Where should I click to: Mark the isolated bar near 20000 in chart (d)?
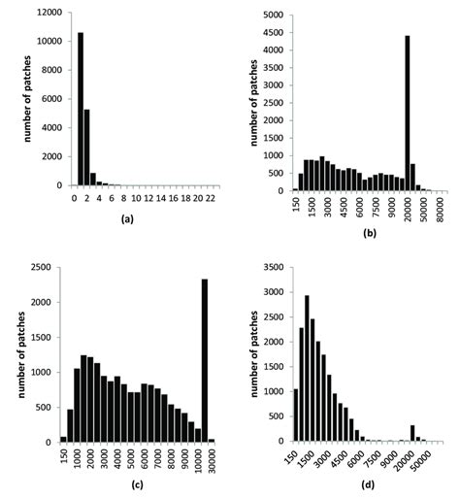[412, 432]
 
